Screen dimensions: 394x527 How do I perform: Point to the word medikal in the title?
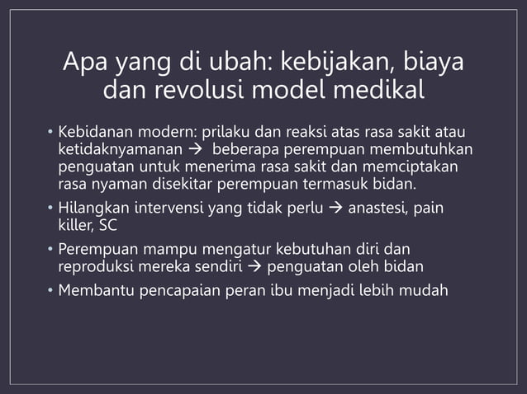pos(378,91)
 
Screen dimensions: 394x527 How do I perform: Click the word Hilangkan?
pos(92,209)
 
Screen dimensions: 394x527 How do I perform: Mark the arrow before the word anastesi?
pos(336,209)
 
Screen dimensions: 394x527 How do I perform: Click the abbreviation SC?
pos(108,225)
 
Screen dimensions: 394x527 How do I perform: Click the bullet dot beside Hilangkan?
pos(50,209)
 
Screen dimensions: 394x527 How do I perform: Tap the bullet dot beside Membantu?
pos(50,291)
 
